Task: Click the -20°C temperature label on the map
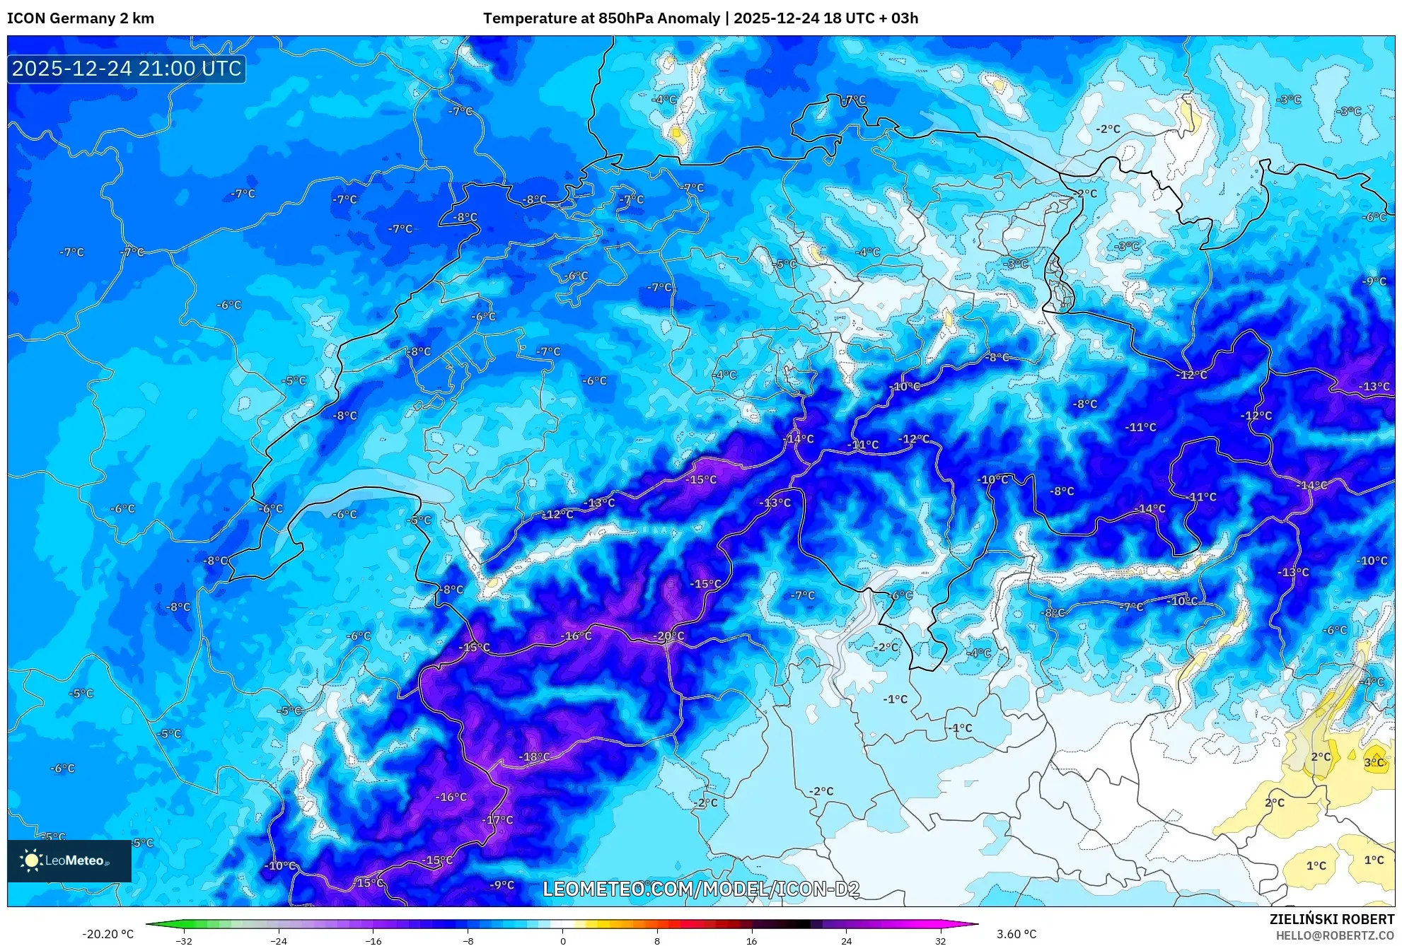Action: click(x=669, y=636)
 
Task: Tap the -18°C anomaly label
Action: click(x=535, y=757)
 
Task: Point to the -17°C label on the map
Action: click(x=499, y=820)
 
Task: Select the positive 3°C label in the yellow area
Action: click(x=1374, y=763)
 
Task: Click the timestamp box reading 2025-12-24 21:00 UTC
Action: click(x=127, y=69)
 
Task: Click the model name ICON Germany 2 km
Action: click(x=81, y=18)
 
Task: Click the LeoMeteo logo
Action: click(x=69, y=860)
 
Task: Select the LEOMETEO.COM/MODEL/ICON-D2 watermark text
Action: click(x=701, y=889)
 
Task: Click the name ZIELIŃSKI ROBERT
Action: click(x=1332, y=919)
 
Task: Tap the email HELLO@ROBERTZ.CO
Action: click(x=1335, y=935)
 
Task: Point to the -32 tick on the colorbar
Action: click(x=184, y=941)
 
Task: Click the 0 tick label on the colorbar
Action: click(x=563, y=941)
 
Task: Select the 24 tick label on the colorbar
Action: click(x=846, y=941)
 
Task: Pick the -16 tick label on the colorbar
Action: click(x=373, y=941)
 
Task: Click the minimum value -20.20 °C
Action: click(x=108, y=934)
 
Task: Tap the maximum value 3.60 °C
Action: click(x=1016, y=934)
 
